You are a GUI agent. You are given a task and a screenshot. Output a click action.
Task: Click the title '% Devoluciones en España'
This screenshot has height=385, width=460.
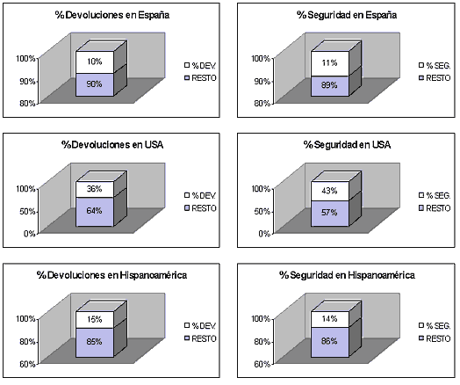coord(112,15)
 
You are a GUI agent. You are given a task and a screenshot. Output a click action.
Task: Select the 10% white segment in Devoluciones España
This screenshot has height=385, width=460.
coord(95,62)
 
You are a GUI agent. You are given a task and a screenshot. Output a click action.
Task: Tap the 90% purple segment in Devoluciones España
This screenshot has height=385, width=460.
coord(95,84)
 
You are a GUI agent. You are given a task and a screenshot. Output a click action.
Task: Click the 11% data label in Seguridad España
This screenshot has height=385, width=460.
coord(329,62)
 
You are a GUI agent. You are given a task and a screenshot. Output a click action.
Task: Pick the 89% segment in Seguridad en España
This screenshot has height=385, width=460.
coord(330,86)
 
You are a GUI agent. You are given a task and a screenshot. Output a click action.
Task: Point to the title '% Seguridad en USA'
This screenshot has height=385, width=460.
coord(347,145)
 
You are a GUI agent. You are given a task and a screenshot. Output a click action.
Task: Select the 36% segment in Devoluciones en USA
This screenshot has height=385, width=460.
coord(95,189)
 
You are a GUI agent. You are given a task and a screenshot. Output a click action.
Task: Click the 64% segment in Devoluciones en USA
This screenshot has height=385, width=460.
coord(95,212)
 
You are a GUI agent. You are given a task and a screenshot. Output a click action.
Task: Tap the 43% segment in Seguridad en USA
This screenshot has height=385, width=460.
coord(330,191)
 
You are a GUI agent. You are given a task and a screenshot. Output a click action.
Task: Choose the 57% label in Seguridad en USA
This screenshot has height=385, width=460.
coord(329,213)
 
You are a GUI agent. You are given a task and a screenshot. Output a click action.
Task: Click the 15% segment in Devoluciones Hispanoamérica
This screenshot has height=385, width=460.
coord(95,320)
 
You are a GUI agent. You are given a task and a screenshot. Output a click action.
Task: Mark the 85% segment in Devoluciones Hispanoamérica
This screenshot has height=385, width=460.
coord(95,343)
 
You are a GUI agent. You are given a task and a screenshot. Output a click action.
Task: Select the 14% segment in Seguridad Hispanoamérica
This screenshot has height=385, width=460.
coord(330,319)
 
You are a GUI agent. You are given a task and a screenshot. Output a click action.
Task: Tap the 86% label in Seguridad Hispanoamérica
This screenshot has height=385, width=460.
coord(329,341)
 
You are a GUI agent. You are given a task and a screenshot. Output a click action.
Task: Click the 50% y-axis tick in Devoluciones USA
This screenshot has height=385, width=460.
coord(27,212)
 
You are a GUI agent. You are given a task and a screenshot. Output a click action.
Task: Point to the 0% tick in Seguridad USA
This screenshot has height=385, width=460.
coord(264,234)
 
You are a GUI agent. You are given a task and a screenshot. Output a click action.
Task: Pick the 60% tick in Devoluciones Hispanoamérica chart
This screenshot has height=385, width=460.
coord(27,365)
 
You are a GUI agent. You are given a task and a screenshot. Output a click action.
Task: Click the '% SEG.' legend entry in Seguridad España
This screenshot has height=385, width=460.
coord(435,66)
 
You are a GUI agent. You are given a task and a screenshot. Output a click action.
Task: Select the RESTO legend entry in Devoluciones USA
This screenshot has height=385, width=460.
coord(200,208)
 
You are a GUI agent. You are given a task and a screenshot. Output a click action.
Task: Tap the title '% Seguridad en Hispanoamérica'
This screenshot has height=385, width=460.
coord(347,275)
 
